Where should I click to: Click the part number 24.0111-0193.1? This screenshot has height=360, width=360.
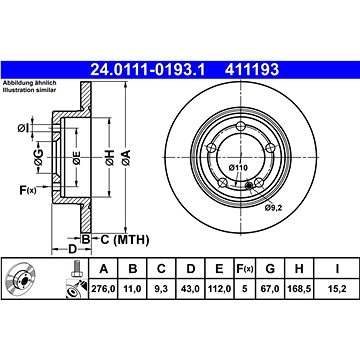point(147,70)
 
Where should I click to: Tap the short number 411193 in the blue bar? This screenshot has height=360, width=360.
point(252,70)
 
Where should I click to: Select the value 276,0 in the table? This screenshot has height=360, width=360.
point(103,289)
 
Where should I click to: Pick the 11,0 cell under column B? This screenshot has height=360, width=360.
point(132,289)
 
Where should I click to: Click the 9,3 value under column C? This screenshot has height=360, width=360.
point(161,289)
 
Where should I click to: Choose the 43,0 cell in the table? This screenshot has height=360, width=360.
point(190,289)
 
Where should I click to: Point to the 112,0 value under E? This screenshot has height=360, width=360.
point(219,289)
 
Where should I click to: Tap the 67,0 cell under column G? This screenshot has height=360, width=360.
point(270,289)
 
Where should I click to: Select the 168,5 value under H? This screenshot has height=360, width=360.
point(299,289)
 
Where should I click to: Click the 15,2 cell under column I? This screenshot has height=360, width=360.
point(337,289)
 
